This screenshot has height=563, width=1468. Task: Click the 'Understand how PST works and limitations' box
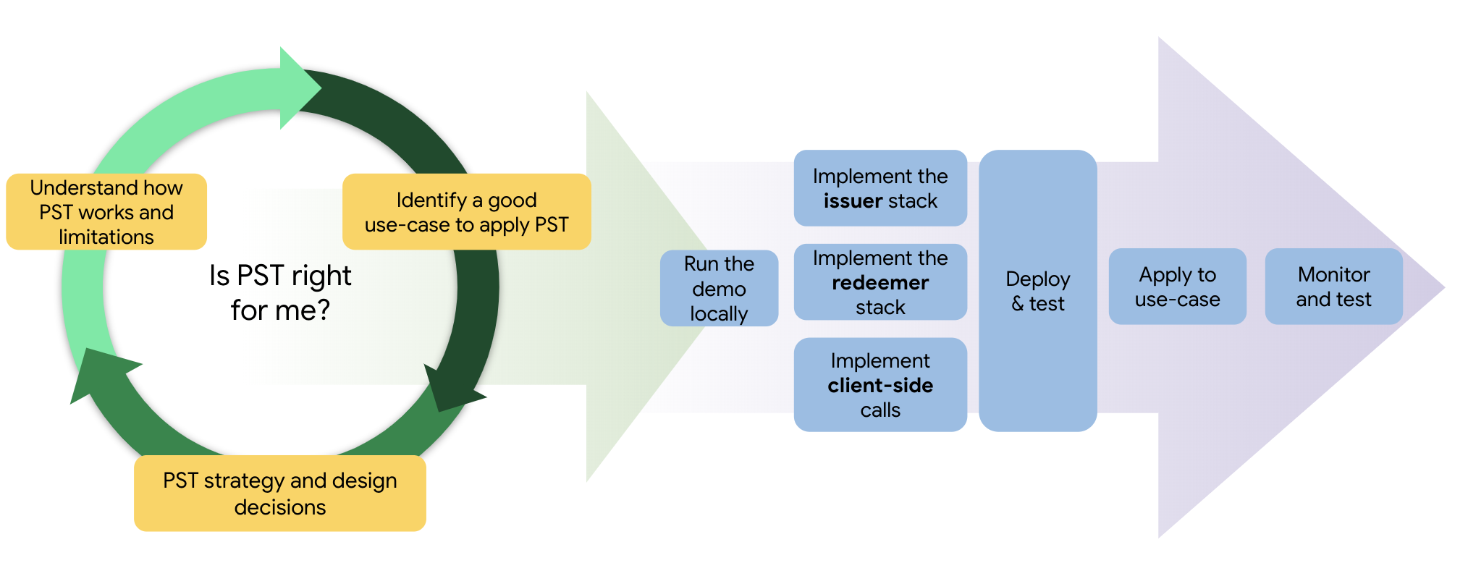(106, 211)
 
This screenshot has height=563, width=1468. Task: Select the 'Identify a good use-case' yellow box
(466, 211)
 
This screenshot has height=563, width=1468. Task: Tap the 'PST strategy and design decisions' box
(280, 493)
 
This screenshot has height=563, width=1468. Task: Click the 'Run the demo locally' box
(719, 288)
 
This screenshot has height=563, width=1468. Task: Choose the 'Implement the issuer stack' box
(880, 188)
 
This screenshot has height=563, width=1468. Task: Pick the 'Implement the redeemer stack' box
(880, 282)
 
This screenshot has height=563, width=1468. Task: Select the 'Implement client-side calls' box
(880, 385)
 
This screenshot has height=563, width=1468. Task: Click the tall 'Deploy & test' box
(1037, 291)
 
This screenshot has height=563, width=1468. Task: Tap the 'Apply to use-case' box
(1177, 287)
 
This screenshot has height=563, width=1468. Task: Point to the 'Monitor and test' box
(1333, 287)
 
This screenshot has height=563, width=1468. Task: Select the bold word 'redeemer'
(880, 283)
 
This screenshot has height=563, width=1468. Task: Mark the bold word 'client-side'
(880, 386)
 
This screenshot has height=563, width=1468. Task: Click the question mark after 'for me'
(323, 310)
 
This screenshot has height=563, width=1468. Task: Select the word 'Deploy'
(1037, 279)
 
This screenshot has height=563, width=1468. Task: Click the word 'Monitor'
(1333, 275)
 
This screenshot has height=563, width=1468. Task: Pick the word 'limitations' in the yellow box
(106, 237)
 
